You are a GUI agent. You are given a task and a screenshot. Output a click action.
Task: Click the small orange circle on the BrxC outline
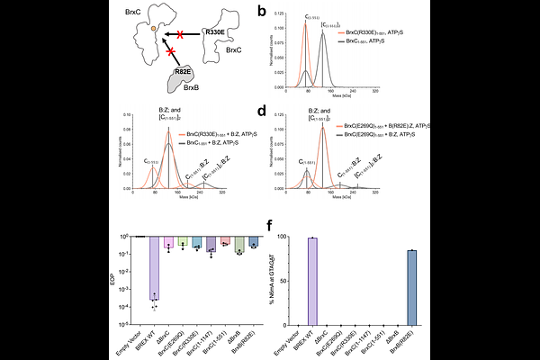[x=154, y=30]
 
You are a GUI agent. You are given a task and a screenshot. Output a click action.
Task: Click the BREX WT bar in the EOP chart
[x=155, y=268]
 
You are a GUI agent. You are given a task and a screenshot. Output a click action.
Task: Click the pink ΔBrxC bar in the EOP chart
[x=168, y=244]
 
